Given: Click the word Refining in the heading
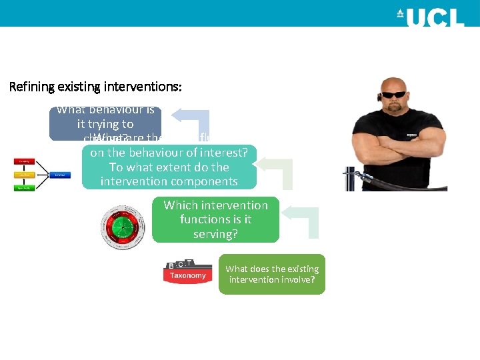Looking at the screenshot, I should tap(31, 87).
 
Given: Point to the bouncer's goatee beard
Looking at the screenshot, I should tap(399, 110).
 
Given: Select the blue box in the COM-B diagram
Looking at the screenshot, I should tap(59, 175).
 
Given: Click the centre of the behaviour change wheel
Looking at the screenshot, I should tap(121, 227).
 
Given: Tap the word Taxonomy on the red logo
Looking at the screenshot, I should tap(187, 275).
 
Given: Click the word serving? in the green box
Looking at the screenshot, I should tap(215, 234).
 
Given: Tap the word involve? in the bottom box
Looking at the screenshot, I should tap(303, 279).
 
